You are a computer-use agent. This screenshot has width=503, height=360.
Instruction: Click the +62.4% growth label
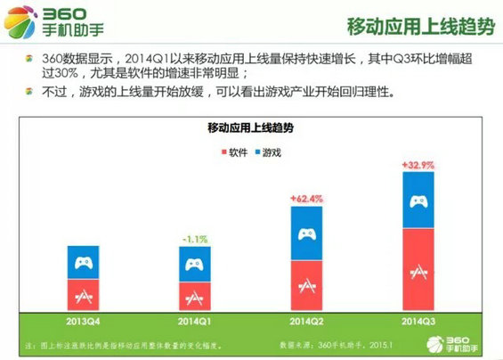(307, 198)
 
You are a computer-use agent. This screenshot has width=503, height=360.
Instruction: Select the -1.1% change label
(196, 238)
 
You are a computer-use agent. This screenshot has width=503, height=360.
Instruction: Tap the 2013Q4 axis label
(84, 318)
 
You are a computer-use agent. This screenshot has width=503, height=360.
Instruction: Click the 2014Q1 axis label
(195, 318)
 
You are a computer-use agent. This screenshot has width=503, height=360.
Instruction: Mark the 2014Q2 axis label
(307, 318)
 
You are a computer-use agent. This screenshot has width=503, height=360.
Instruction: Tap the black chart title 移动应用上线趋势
(250, 128)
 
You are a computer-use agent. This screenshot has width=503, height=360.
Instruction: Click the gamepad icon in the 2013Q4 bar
(84, 263)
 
